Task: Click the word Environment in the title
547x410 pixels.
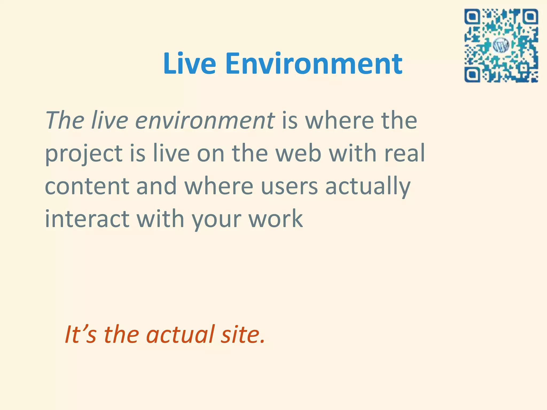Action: coord(314,64)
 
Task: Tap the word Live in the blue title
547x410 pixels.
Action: coord(189,64)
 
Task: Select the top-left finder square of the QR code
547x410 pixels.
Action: coord(472,17)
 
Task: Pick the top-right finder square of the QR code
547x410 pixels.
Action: coord(530,17)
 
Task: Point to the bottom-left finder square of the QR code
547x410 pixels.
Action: coord(472,75)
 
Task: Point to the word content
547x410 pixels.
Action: coord(87,186)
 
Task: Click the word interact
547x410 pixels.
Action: coord(87,219)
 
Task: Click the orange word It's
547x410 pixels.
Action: coord(80,334)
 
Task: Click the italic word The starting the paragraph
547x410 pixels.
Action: coord(65,121)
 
